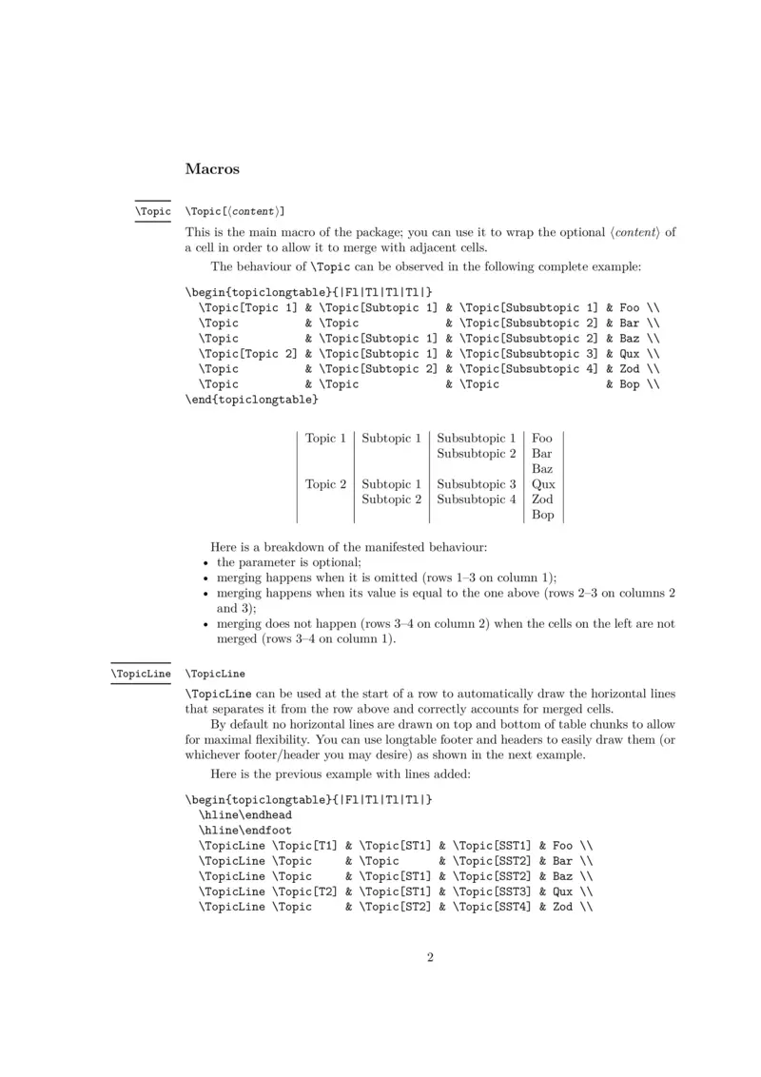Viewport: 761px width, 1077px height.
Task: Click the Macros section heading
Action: pos(212,169)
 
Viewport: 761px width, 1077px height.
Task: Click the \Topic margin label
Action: pos(152,210)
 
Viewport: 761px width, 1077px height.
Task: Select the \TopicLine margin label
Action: pos(141,674)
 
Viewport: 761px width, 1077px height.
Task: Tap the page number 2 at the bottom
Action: pos(430,957)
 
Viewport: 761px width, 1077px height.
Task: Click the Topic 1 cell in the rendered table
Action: pos(325,439)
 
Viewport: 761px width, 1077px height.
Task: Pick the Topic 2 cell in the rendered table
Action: pos(325,484)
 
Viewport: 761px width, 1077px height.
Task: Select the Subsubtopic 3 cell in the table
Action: pos(477,484)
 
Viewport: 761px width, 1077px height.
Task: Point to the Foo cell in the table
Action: pos(543,439)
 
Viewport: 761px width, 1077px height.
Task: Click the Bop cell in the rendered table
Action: pos(543,515)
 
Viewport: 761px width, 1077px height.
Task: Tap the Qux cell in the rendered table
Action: pos(543,484)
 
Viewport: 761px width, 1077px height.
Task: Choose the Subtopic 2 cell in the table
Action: pos(391,499)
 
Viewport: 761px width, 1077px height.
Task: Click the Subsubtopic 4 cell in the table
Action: pos(477,499)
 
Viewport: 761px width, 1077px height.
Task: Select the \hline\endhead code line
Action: pos(245,815)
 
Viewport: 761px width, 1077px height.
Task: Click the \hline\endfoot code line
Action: pos(245,831)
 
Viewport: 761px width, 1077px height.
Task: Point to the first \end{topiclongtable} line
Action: pos(245,400)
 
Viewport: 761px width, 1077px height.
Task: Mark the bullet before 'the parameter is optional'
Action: pos(207,563)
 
